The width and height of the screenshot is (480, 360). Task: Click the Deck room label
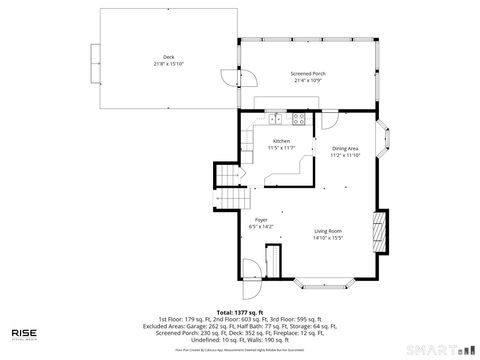(168, 56)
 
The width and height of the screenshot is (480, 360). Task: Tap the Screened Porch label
(307, 74)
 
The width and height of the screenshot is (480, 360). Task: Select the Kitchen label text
(281, 141)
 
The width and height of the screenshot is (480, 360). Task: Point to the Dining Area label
(347, 148)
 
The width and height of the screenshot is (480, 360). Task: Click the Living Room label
(327, 231)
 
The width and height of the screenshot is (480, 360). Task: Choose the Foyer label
(260, 220)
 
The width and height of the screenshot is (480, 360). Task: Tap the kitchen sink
(272, 119)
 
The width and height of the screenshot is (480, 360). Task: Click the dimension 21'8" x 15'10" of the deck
(168, 63)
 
